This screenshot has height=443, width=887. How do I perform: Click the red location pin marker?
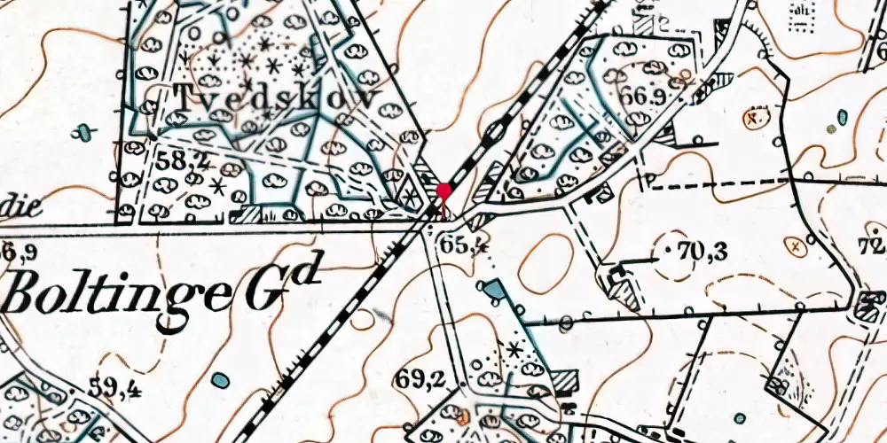coord(443,191)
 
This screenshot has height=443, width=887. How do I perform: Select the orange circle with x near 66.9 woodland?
coord(755,116)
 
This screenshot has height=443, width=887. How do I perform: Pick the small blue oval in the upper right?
coord(842,116)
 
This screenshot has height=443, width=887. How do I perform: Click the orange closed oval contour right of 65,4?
coord(542,264)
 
